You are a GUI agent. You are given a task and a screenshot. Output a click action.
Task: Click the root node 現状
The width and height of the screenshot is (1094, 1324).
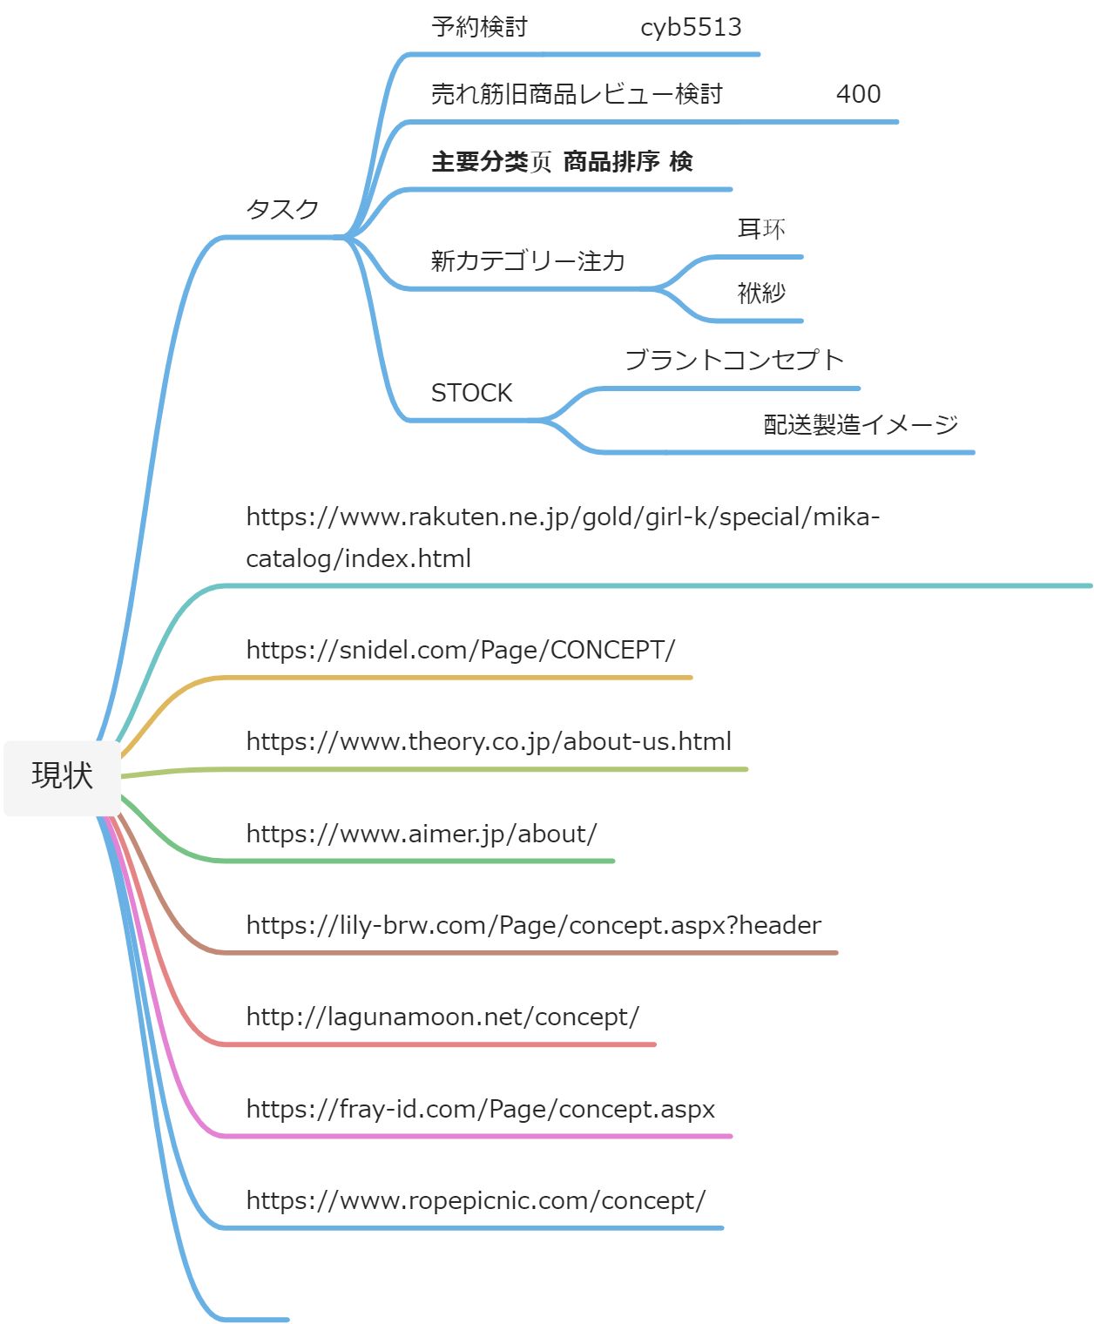tap(62, 775)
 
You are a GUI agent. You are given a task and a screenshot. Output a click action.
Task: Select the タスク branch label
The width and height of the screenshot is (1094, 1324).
tap(282, 209)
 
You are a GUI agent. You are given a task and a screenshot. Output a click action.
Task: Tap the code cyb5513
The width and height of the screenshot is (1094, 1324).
tap(691, 28)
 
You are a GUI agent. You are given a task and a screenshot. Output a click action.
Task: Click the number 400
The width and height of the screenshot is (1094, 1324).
tap(858, 94)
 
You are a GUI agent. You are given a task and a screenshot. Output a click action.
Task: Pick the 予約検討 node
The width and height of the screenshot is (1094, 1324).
tap(479, 28)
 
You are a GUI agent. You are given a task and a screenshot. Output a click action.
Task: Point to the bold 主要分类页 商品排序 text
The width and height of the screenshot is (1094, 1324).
tap(562, 162)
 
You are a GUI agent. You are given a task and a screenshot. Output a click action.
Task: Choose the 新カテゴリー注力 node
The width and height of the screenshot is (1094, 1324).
tap(528, 260)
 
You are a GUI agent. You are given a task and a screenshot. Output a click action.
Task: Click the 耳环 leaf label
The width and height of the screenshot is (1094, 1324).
tap(761, 229)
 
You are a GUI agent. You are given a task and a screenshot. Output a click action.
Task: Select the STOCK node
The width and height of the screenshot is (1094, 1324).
tap(471, 393)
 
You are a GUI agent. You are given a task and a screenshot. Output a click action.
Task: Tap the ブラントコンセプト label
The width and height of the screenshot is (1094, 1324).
tap(734, 360)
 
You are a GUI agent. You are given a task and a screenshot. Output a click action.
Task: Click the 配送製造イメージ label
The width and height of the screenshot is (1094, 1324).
tap(861, 424)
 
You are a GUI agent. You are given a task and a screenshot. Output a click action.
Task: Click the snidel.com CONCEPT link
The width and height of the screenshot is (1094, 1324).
tap(460, 650)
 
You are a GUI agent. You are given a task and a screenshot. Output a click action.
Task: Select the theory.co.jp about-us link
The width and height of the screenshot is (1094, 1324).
tap(489, 741)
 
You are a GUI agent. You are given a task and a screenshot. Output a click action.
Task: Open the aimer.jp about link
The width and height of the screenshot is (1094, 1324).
tap(422, 834)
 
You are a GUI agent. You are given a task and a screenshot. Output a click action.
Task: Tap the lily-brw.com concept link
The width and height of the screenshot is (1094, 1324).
tap(533, 925)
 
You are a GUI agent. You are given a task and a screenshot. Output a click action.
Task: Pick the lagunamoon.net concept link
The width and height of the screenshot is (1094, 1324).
tap(442, 1017)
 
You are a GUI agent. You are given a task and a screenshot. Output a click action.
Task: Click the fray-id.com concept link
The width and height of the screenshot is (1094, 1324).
tap(480, 1109)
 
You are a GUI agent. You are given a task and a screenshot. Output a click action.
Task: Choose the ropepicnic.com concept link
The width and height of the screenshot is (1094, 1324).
tap(476, 1200)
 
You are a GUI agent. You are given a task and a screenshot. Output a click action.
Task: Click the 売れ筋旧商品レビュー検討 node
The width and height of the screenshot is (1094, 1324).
tap(577, 94)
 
